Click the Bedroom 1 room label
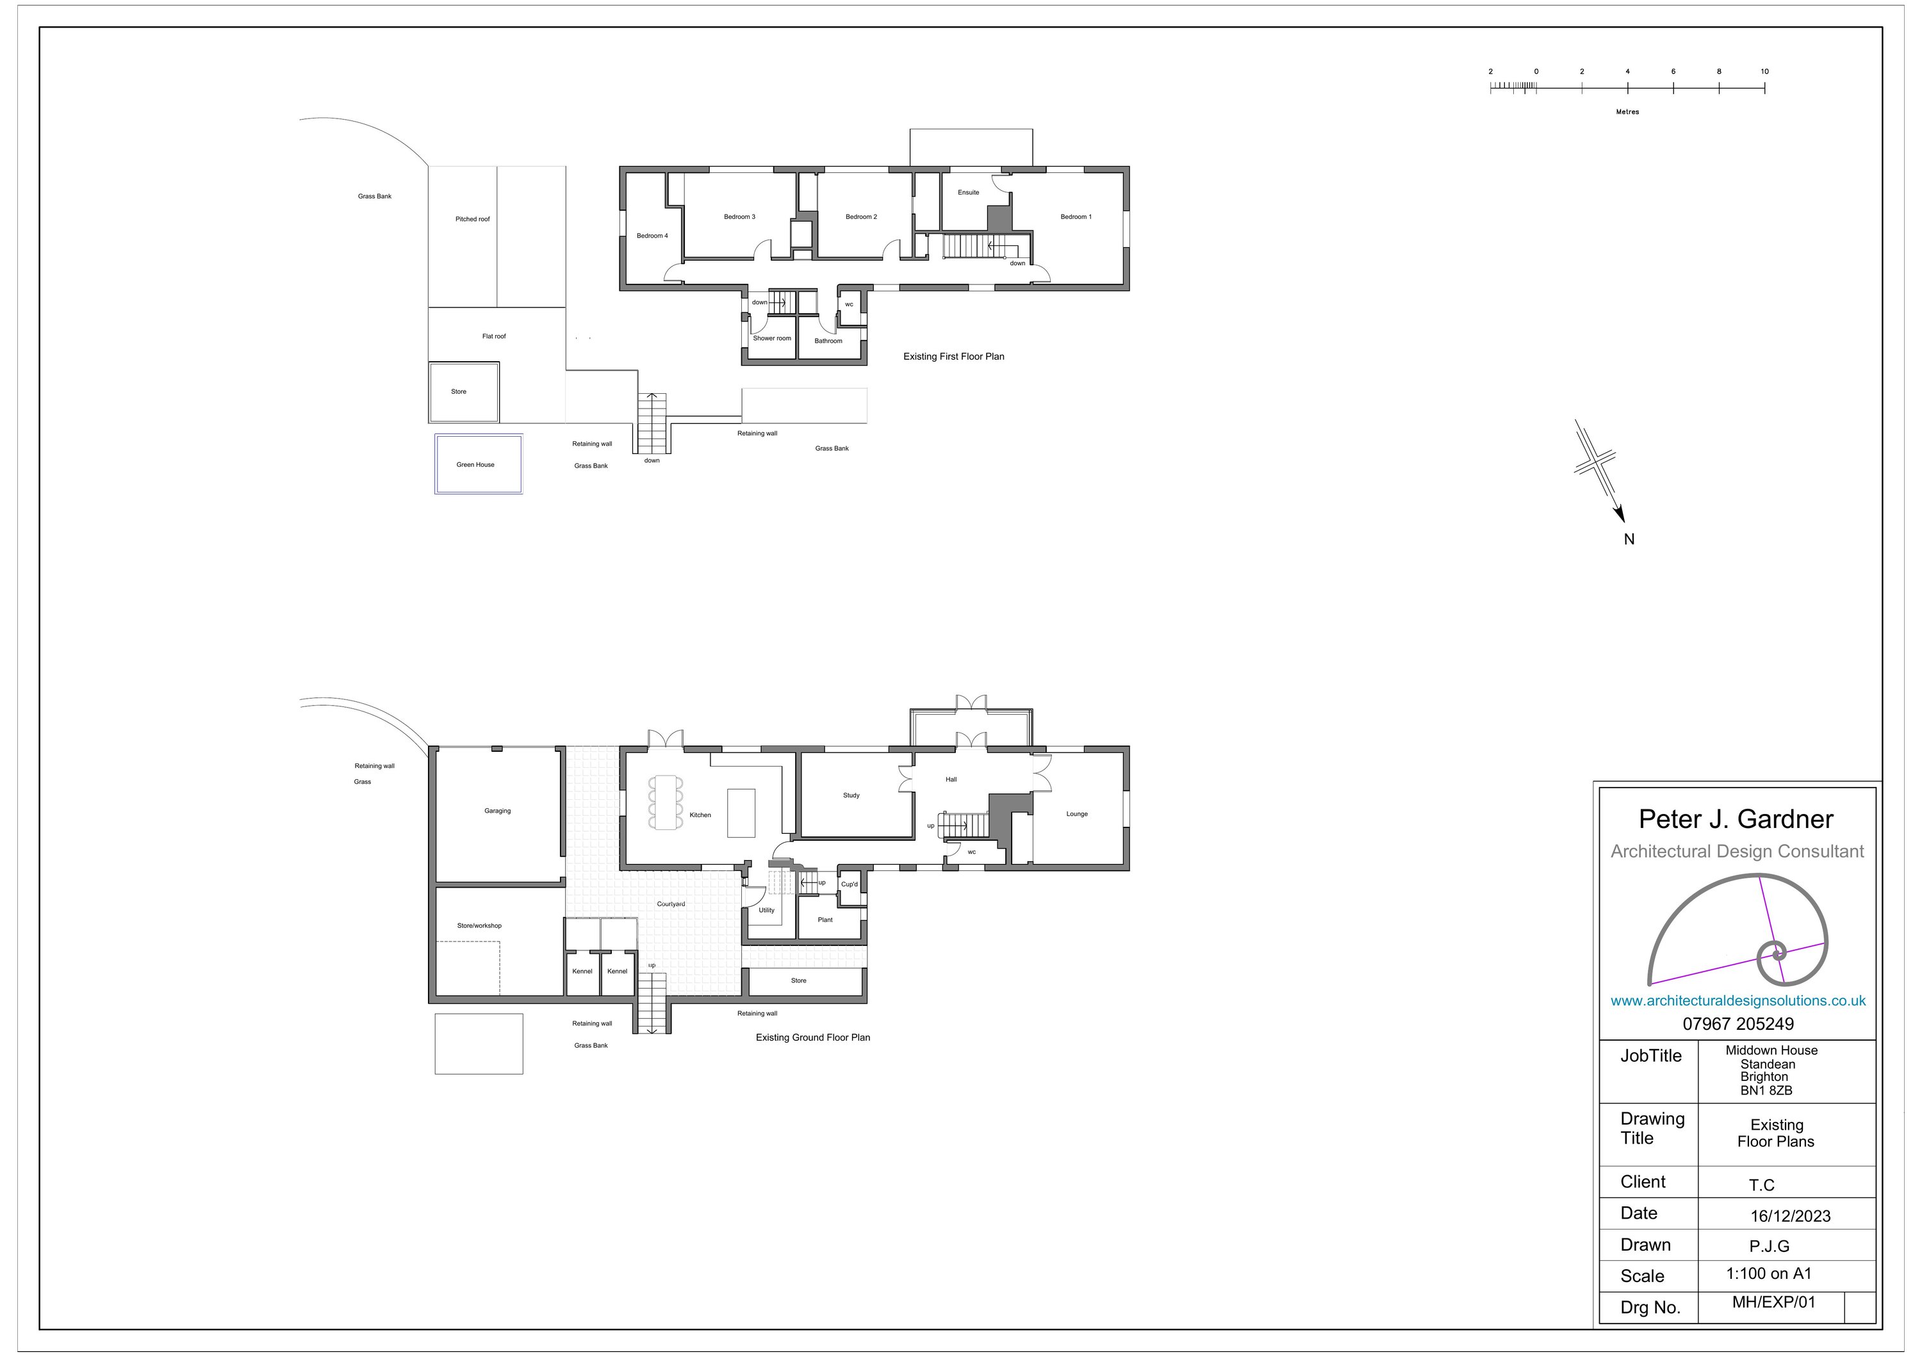[x=1076, y=216]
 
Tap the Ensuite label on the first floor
[x=969, y=192]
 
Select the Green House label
[x=475, y=464]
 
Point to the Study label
[x=851, y=795]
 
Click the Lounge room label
[x=1078, y=814]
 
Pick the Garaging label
[x=497, y=811]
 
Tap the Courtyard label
[x=671, y=904]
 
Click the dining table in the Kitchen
[x=666, y=802]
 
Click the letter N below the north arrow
[x=1629, y=540]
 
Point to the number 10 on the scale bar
[x=1764, y=72]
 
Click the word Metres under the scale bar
[x=1627, y=112]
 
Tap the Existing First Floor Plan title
[x=953, y=357]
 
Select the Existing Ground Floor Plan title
[x=813, y=1037]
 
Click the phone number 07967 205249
[x=1739, y=1024]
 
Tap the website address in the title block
[x=1738, y=1000]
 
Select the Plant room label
[x=825, y=920]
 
